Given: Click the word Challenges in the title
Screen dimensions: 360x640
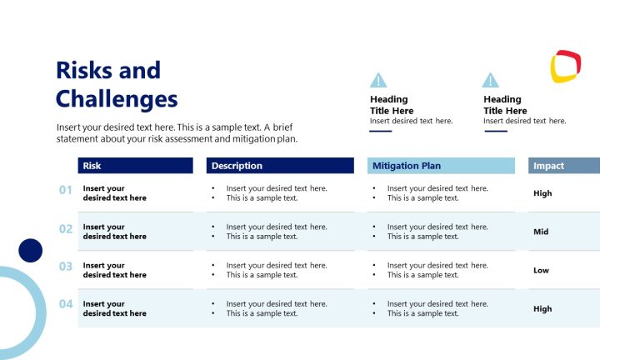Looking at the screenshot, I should (x=117, y=99).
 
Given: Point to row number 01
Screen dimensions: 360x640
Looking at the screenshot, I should (x=66, y=190).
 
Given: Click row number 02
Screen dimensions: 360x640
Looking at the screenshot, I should (x=66, y=228).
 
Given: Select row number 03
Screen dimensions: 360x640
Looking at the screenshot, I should (x=66, y=267).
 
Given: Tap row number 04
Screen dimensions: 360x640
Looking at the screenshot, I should (x=66, y=304).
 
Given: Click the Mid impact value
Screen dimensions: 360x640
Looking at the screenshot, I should (x=541, y=232).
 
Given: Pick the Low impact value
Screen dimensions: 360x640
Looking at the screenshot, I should (x=541, y=270).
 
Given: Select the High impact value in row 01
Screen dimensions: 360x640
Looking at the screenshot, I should (x=542, y=193).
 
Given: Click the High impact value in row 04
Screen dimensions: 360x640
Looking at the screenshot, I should (x=542, y=308).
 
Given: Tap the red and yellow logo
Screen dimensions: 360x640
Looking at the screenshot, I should (x=566, y=67).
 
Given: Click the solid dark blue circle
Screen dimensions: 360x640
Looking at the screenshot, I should (x=31, y=250).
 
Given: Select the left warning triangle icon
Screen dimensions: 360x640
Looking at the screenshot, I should (x=378, y=80).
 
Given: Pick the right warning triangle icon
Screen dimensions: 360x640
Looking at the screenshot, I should (x=491, y=80).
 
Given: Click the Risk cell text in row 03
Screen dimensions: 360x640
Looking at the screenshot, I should (x=114, y=270).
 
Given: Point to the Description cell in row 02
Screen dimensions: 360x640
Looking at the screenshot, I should (x=276, y=232).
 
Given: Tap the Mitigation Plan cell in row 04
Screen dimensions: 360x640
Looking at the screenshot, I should (x=437, y=308).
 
